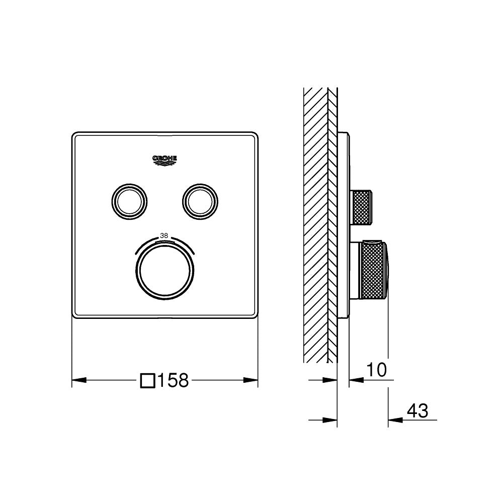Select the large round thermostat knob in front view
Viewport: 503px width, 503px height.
[x=164, y=270]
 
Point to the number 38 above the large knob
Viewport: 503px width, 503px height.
[x=164, y=235]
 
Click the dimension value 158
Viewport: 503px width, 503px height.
[x=173, y=380]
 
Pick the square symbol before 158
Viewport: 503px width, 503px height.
[x=147, y=380]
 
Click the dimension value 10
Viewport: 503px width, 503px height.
[x=376, y=370]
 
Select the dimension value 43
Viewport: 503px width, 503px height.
[x=417, y=411]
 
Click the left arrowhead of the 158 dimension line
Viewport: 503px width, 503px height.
[x=77, y=380]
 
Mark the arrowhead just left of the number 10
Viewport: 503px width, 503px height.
[x=354, y=380]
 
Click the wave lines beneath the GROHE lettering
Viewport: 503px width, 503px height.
[x=165, y=162]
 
